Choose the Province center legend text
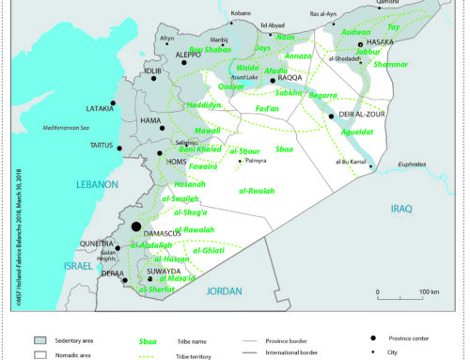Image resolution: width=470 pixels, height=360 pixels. (x=415, y=337)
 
